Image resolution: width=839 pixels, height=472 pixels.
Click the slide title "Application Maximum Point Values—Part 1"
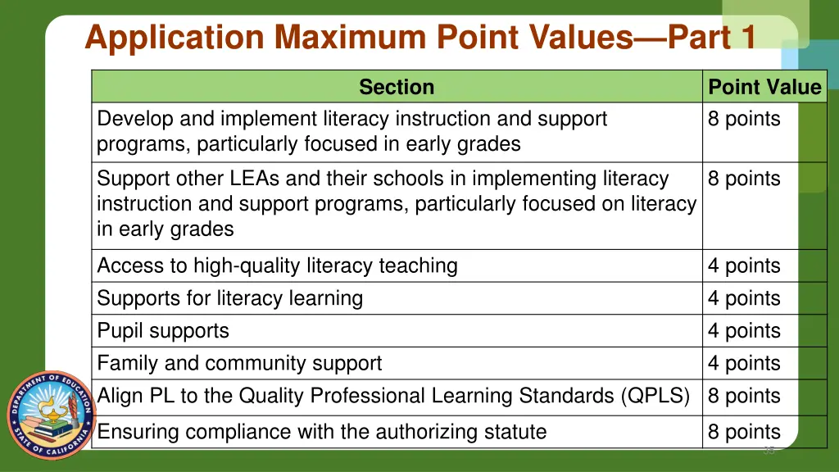pos(419,38)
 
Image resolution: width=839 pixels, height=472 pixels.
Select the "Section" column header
pos(397,87)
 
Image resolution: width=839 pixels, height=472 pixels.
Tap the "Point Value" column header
pos(764,87)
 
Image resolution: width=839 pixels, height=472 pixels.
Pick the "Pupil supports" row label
pos(163,331)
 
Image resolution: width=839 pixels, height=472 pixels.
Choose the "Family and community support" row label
pos(239,363)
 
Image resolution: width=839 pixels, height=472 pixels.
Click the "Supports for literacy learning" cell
pos(229,298)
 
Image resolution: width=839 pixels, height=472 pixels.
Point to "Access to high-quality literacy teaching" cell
pos(277,265)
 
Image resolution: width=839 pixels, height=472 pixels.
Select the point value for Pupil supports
pos(744,331)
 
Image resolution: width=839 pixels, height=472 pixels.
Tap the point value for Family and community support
pos(744,363)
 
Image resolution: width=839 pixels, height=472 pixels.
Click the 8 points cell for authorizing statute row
pos(744,432)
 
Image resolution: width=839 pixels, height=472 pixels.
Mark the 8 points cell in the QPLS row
pos(744,396)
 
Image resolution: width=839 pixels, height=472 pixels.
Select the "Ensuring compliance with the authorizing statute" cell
pos(321,432)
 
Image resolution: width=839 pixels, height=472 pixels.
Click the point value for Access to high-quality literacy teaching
pos(744,265)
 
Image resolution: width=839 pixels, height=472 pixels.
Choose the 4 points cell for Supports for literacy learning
pos(744,298)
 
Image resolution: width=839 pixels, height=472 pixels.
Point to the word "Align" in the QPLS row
pos(120,396)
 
